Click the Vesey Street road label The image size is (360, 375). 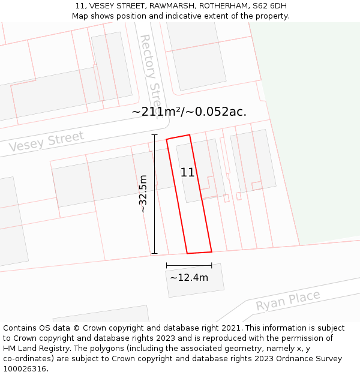coord(46,142)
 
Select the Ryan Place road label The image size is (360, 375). coord(288,301)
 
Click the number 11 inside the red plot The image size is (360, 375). coord(187,172)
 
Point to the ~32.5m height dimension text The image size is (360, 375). coord(143,194)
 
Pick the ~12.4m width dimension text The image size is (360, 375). coord(189,277)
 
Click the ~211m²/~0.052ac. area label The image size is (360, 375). coord(189,112)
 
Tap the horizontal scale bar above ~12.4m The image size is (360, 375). coord(189,265)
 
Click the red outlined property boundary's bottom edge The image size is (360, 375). coord(199,252)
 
